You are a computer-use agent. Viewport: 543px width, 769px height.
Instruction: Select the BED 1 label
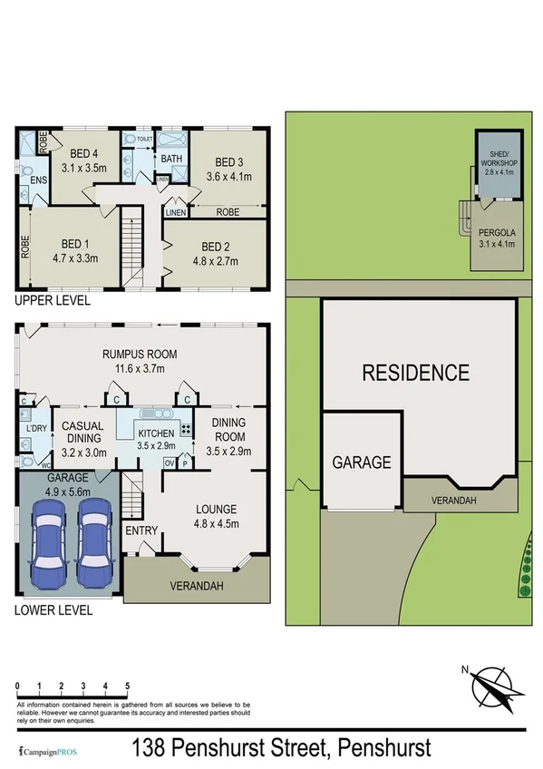[74, 244]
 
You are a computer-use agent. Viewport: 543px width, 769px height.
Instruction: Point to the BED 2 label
[214, 247]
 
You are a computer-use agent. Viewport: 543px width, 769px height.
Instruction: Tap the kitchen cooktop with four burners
[186, 431]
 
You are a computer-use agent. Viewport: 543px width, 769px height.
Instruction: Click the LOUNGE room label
[216, 509]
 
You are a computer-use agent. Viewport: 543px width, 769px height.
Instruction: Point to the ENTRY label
[141, 531]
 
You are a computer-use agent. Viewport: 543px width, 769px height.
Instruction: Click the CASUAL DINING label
[82, 432]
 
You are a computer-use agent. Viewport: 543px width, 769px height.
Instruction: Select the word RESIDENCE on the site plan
[416, 372]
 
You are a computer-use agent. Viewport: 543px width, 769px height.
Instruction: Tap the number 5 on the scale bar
[127, 686]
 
